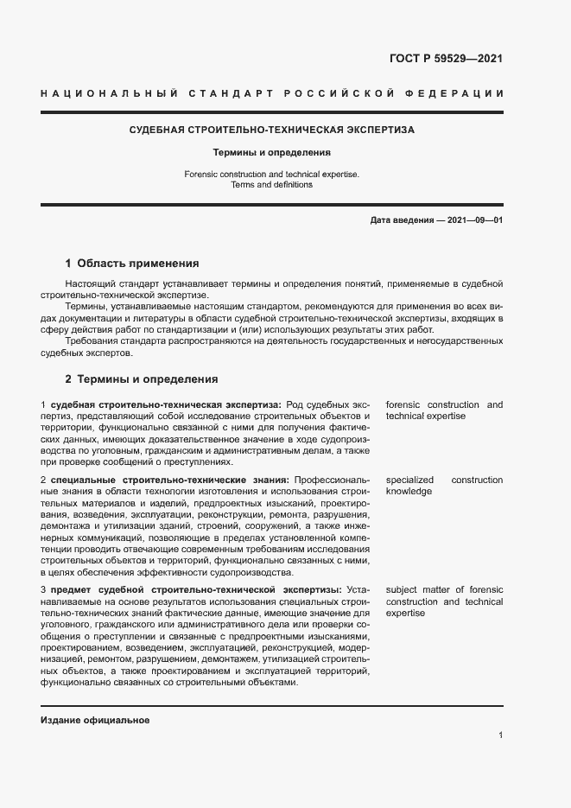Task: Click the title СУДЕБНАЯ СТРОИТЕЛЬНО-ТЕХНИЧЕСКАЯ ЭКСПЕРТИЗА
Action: pyautogui.click(x=272, y=130)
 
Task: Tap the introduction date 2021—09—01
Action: pyautogui.click(x=472, y=220)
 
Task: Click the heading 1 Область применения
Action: pyautogui.click(x=132, y=264)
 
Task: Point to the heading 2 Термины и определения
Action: pyautogui.click(x=142, y=379)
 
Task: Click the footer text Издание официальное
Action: pyautogui.click(x=95, y=720)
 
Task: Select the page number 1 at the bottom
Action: pyautogui.click(x=501, y=735)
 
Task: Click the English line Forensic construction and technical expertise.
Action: pyautogui.click(x=272, y=174)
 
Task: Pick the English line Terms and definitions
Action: pyautogui.click(x=272, y=184)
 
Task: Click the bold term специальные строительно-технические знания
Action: pyautogui.click(x=169, y=480)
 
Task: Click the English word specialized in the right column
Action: pyautogui.click(x=410, y=480)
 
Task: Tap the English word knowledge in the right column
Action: pyautogui.click(x=409, y=491)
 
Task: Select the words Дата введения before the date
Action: pyautogui.click(x=401, y=220)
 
